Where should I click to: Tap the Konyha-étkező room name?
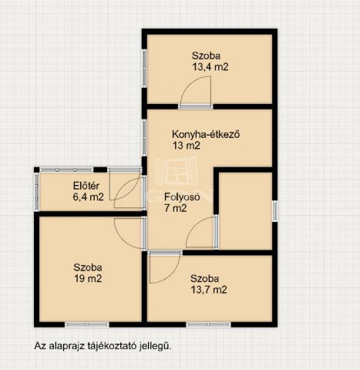pos(207,133)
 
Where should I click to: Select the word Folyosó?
pos(182,197)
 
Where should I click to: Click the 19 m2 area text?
pos(86,278)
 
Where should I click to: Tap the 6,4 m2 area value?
pos(87,197)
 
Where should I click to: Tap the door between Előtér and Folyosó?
pos(127,189)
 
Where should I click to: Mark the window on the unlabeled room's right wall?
pos(274,210)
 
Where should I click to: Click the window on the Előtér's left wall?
pos(35,191)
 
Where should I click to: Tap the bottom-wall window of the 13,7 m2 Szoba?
pos(208,323)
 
